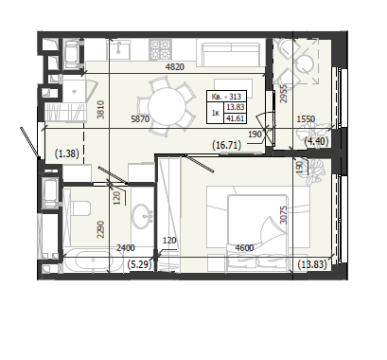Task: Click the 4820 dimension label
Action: click(175, 67)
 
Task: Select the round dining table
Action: click(165, 105)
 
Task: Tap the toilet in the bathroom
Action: click(80, 208)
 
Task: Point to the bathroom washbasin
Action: click(143, 216)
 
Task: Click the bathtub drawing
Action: click(93, 261)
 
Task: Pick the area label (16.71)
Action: click(227, 145)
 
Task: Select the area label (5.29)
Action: click(140, 264)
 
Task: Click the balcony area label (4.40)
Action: click(316, 141)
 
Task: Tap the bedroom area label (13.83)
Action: click(312, 264)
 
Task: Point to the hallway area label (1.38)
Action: click(67, 153)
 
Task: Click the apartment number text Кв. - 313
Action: click(226, 97)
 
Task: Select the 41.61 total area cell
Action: click(236, 119)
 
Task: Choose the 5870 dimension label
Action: click(140, 118)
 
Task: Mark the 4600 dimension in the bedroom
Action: click(245, 248)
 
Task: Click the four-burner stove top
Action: click(161, 49)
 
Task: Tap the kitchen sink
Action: click(118, 48)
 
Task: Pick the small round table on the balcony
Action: click(305, 63)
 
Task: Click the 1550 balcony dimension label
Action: click(306, 119)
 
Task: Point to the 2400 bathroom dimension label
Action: click(126, 248)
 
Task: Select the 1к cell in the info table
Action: click(216, 113)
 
